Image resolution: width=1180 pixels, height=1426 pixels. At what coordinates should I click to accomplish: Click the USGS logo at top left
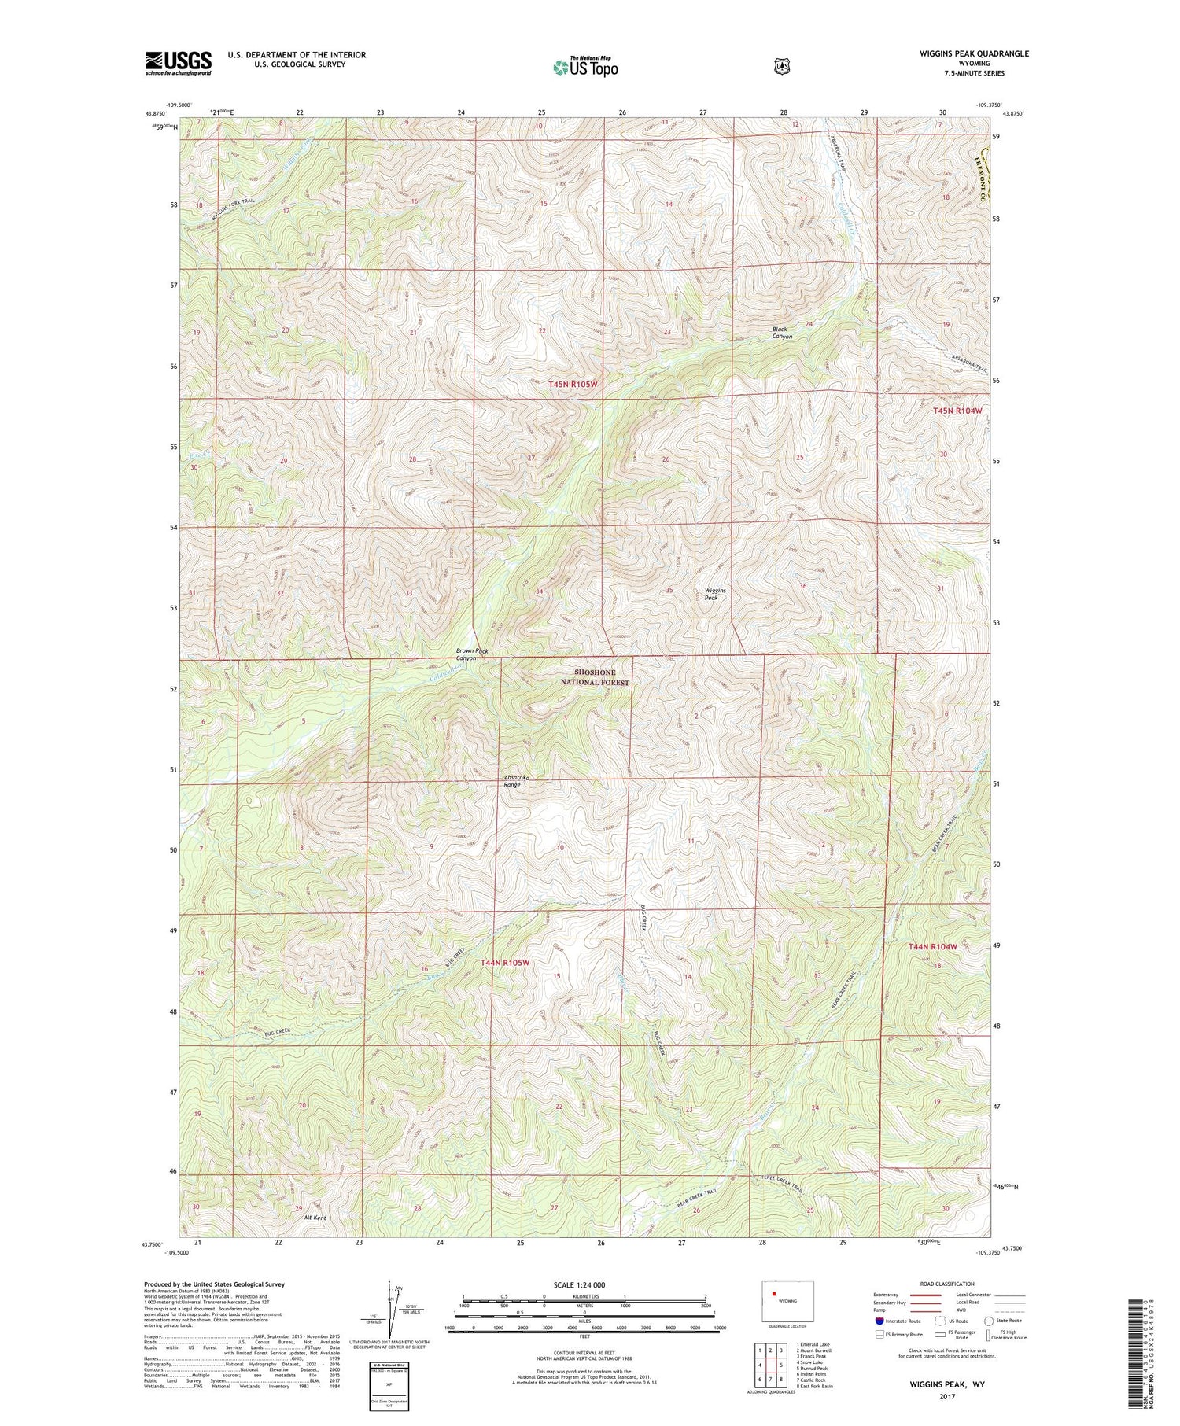tap(178, 63)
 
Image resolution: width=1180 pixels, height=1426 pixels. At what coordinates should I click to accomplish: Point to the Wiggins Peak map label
tap(715, 594)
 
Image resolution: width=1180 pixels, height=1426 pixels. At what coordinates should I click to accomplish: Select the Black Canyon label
tap(781, 333)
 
